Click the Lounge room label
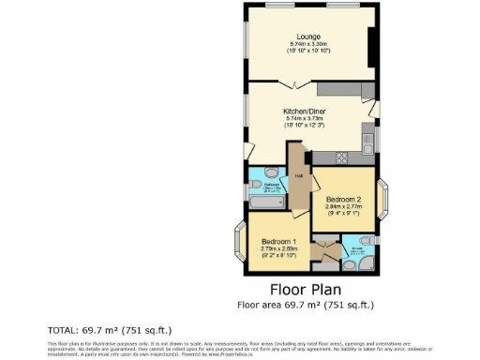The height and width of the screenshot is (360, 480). [309, 37]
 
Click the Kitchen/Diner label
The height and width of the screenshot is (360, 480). [309, 110]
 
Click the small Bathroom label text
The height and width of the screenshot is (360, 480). [273, 186]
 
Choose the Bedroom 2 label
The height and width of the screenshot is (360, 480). [344, 201]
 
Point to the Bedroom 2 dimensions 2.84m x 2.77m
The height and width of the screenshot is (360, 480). [344, 212]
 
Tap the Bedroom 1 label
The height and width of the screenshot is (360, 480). [278, 241]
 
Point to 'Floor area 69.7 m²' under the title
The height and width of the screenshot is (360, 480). [306, 305]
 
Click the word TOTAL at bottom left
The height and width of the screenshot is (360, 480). [62, 330]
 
